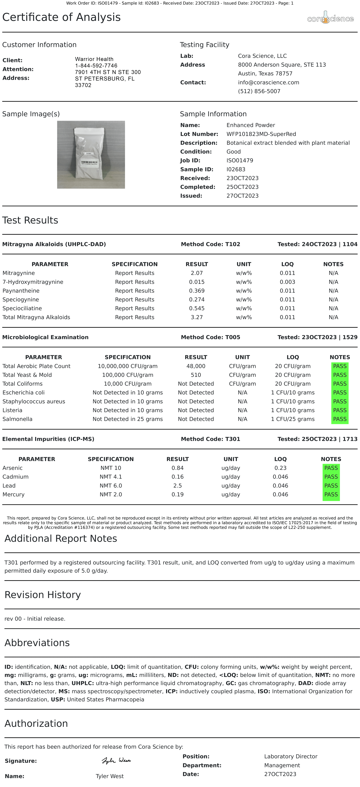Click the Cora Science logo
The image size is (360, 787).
330,18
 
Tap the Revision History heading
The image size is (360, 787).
42,594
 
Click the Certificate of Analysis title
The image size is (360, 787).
61,17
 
